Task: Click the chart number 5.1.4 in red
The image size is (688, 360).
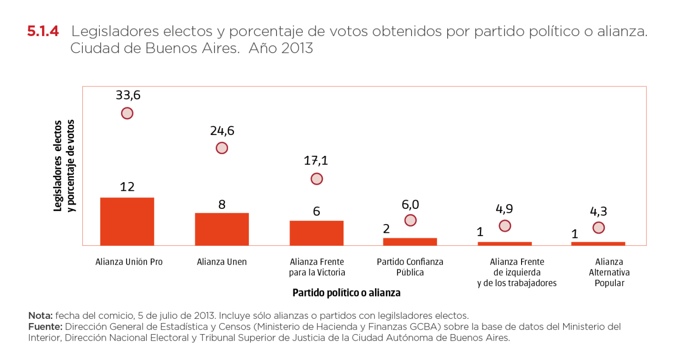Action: click(43, 32)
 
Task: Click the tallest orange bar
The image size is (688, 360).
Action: click(127, 221)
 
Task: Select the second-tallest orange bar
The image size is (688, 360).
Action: click(222, 228)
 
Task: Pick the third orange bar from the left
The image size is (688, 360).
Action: click(317, 232)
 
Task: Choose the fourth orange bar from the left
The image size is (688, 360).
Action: click(410, 241)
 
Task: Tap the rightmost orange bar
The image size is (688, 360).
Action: click(598, 243)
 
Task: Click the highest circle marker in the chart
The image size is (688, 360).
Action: click(127, 113)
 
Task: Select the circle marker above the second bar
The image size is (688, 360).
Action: click(222, 148)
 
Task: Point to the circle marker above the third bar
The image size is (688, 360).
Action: click(317, 179)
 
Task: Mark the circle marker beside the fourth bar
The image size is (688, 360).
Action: click(410, 220)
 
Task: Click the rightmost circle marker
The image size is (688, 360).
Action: click(598, 227)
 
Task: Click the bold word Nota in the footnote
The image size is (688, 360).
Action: click(40, 316)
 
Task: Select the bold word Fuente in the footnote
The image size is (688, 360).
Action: click(45, 327)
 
